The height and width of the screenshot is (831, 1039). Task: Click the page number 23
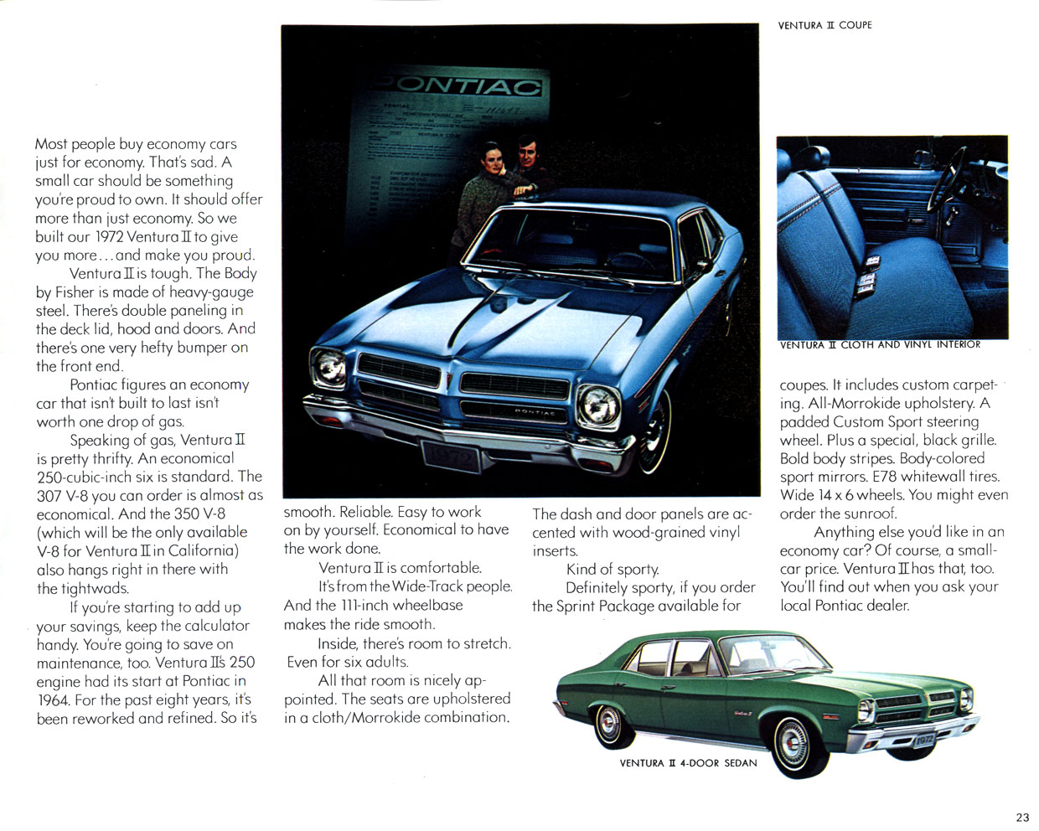(x=1021, y=818)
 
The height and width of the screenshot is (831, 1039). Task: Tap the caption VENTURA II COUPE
(x=824, y=25)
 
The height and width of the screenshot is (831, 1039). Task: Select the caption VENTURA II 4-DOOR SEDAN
(x=688, y=763)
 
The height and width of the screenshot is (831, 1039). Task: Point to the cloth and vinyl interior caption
(x=879, y=344)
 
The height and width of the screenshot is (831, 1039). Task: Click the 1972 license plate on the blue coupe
(x=452, y=458)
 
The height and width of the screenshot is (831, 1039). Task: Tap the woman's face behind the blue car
(x=492, y=159)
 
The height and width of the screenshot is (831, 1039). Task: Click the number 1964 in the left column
(x=53, y=700)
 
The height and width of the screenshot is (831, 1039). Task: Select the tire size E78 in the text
(x=885, y=477)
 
